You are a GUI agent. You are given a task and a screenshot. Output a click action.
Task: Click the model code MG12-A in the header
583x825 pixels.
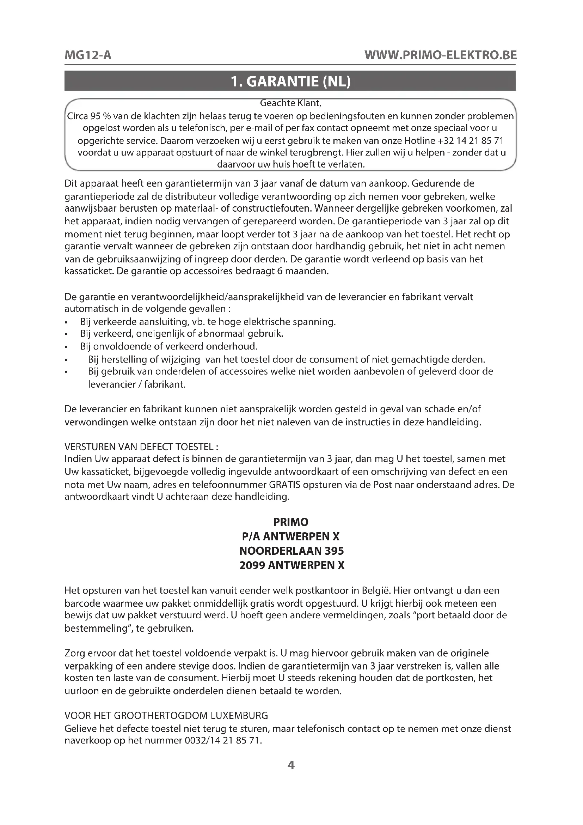(88, 55)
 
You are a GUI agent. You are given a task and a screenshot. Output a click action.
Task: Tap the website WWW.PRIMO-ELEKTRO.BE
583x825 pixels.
(441, 55)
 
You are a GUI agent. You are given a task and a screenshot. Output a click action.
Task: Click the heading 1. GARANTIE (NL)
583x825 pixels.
(290, 81)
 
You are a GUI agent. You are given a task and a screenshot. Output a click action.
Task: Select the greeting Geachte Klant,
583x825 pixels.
(290, 103)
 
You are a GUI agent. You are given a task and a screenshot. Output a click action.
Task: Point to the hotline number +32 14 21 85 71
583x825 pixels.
(471, 140)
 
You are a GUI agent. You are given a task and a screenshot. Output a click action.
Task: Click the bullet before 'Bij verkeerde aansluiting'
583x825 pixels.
(66, 322)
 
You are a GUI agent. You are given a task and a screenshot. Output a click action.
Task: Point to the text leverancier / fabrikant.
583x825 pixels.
(137, 385)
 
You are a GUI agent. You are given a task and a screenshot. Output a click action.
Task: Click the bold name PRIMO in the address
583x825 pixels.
(291, 522)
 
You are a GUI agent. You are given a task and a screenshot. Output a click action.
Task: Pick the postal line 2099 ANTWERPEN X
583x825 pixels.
(291, 565)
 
